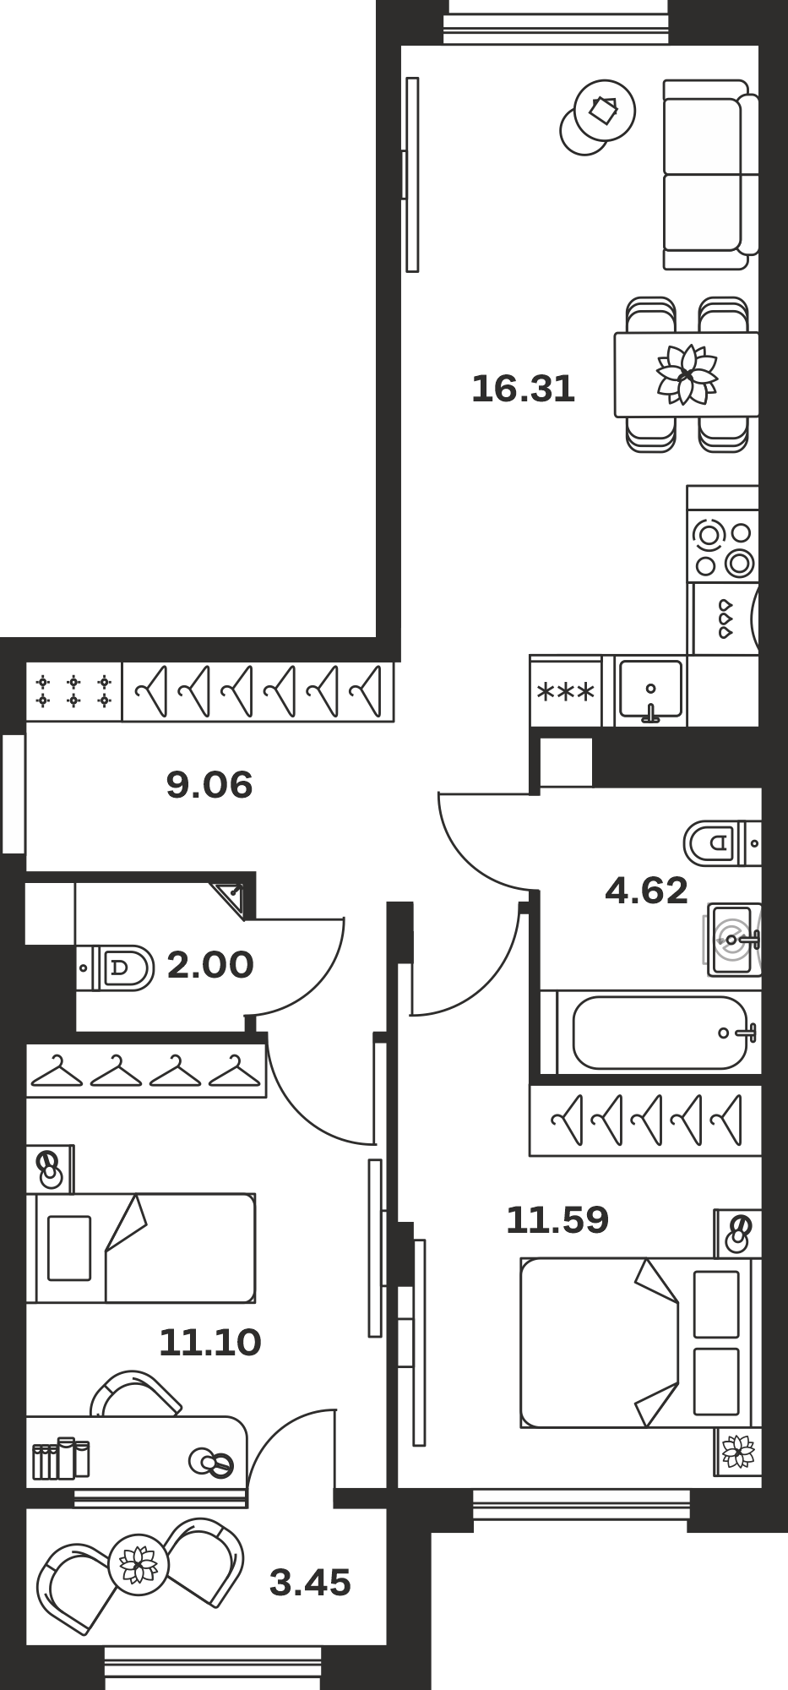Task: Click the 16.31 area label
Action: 523,390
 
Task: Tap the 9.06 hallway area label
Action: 209,786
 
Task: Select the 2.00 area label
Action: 210,965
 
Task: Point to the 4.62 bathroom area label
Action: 647,891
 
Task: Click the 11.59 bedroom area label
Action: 557,1220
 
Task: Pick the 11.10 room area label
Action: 210,1342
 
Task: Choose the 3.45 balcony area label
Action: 310,1583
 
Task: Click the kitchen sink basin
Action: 650,691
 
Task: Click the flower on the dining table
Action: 687,373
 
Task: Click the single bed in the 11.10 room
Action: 140,1248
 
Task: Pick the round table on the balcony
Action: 134,1564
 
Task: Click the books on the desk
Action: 60,1458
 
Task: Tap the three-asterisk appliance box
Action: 566,691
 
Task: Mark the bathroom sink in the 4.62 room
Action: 734,939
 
